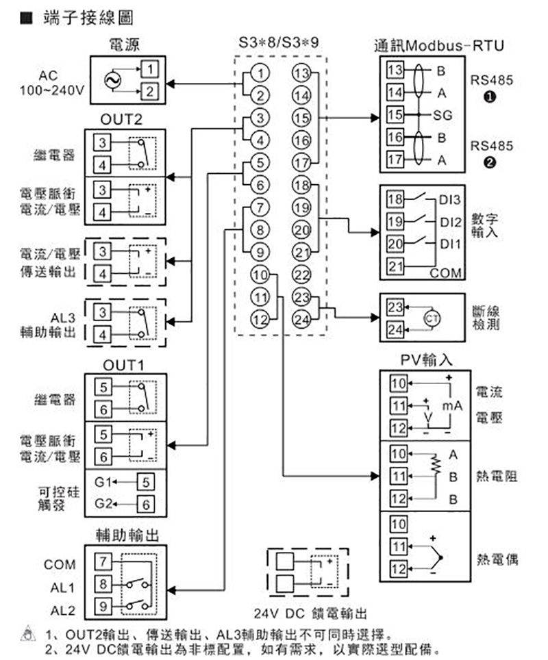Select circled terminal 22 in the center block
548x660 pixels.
[x=301, y=275]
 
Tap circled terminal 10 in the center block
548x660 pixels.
[x=259, y=276]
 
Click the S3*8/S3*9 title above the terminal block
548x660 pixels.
[x=279, y=42]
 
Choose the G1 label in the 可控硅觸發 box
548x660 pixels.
[x=103, y=481]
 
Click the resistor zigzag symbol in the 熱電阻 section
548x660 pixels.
[x=433, y=465]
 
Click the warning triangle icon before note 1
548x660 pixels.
[x=27, y=633]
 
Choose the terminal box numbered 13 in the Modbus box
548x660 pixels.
[x=395, y=70]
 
